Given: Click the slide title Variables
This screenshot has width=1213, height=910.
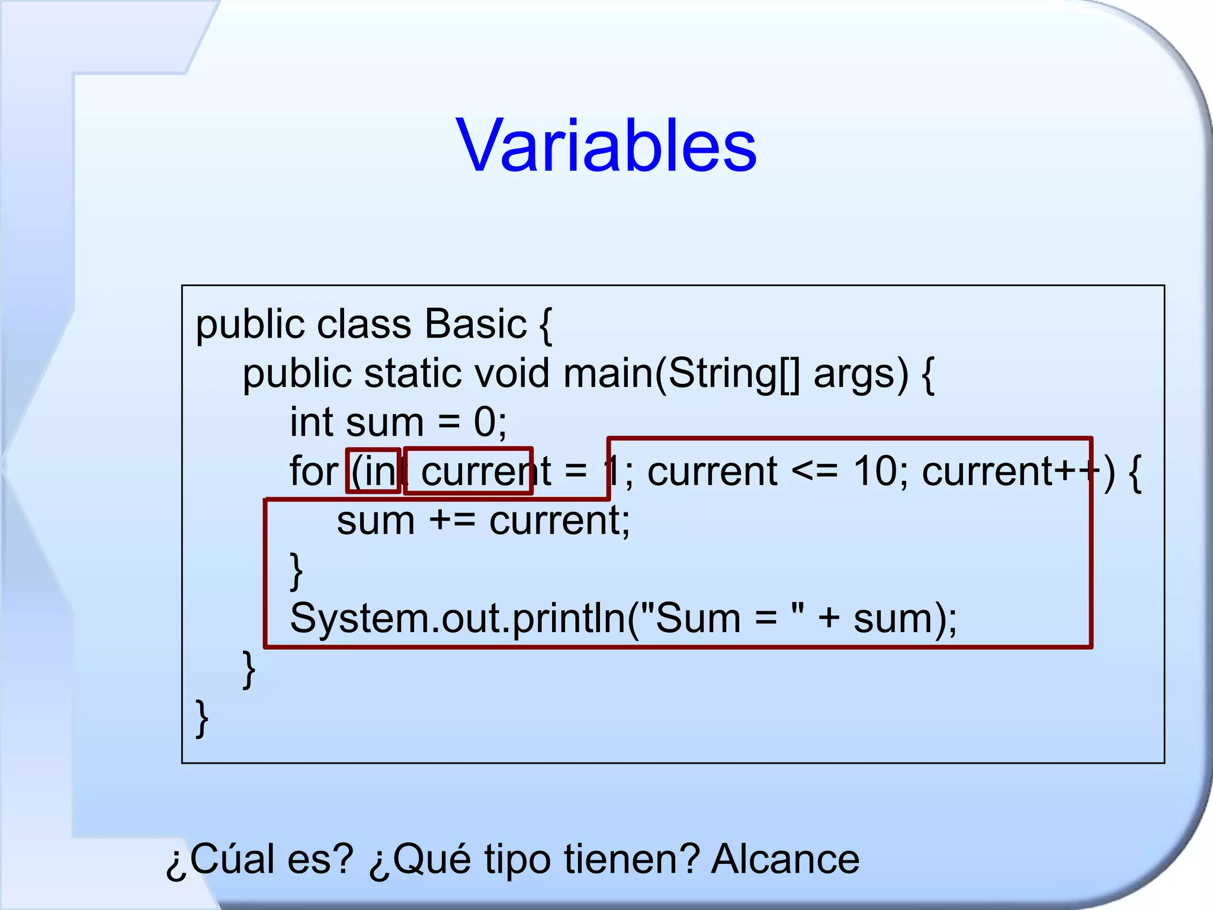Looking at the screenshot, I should point(606,146).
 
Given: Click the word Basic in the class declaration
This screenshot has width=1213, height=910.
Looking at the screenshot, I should point(476,324).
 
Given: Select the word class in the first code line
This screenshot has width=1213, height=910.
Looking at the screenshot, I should point(364,324).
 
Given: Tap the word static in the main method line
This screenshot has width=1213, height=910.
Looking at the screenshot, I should point(412,373).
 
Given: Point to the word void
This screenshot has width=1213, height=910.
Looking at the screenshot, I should point(512,373).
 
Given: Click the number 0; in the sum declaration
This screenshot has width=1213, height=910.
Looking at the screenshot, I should point(490,422).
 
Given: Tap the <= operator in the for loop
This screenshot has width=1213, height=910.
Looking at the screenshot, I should point(815,472).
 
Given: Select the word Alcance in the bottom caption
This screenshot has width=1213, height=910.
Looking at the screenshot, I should point(785,859).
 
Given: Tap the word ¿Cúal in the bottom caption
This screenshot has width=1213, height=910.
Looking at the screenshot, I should point(220,859).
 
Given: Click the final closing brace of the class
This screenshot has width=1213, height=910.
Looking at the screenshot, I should point(202,718).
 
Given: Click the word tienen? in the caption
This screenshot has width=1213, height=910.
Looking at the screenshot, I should point(631,859).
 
